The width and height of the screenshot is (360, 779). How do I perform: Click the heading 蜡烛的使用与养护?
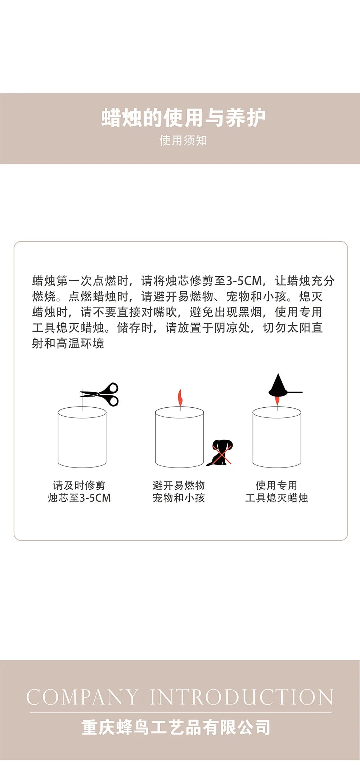[x=183, y=118]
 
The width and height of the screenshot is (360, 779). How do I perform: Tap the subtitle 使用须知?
[x=183, y=140]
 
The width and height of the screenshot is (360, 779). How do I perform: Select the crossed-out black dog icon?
[x=220, y=452]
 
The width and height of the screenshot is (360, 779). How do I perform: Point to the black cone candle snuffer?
[x=278, y=386]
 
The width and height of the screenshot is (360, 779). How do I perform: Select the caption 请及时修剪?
[x=79, y=485]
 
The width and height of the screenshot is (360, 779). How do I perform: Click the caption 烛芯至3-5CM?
[x=79, y=498]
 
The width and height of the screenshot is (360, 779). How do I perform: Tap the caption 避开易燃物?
[x=179, y=485]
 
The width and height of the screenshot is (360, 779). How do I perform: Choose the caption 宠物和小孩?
[x=179, y=498]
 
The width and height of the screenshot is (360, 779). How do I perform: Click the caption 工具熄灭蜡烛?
[x=276, y=498]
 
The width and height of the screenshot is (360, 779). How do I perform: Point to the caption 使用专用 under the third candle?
[x=276, y=485]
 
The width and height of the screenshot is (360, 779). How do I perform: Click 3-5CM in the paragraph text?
[x=244, y=281]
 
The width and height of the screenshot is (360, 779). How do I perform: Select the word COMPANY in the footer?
[x=82, y=697]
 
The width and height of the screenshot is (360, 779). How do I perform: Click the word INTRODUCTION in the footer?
[x=241, y=697]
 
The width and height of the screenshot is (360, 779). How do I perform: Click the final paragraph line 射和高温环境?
[x=68, y=343]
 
